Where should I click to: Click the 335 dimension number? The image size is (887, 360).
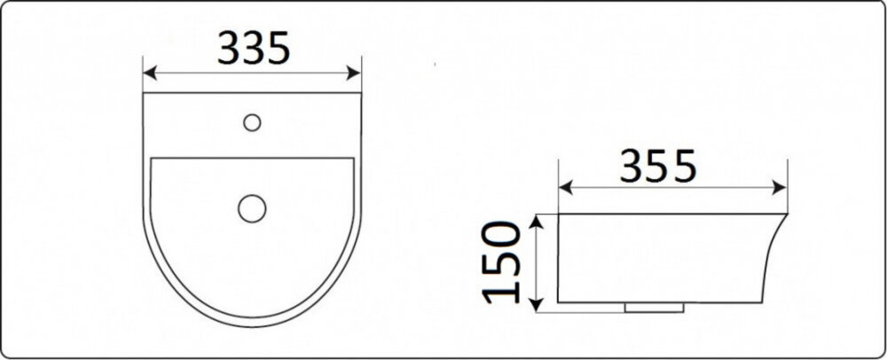[x=254, y=48]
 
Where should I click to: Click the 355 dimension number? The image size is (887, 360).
[x=657, y=167]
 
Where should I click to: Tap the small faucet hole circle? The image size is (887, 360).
[x=252, y=122]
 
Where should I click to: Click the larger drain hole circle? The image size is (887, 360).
[x=252, y=208]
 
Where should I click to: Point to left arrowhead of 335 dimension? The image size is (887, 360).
[x=150, y=73]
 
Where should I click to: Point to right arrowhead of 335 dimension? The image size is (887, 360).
[x=354, y=73]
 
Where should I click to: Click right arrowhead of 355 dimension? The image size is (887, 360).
[x=780, y=188]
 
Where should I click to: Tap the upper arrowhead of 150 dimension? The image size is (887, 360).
[x=537, y=221]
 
